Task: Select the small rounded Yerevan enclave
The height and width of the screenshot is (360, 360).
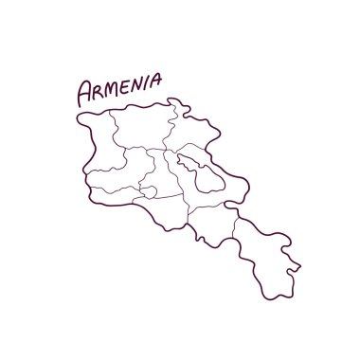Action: (x=150, y=189)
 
